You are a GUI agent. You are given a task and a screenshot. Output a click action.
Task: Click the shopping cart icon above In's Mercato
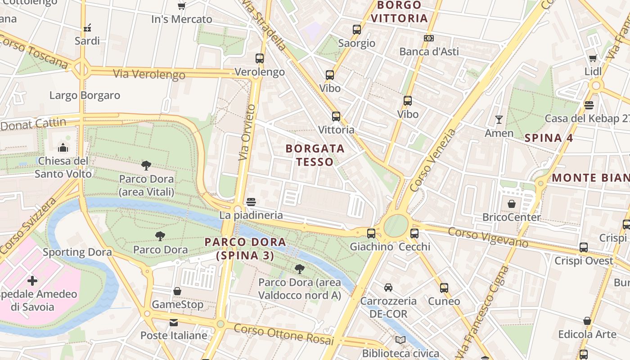point(182,6)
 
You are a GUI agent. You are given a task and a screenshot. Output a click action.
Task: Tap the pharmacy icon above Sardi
point(87,27)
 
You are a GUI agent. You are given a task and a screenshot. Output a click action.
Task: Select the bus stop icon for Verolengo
point(260,58)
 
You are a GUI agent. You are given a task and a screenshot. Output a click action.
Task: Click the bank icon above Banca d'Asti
point(429,38)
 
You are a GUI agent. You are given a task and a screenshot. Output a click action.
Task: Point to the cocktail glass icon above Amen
point(499,120)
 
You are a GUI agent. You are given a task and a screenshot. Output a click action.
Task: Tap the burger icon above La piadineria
point(251,202)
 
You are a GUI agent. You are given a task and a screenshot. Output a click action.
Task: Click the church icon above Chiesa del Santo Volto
point(63,148)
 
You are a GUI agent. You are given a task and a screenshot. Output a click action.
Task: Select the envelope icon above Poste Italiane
point(173,323)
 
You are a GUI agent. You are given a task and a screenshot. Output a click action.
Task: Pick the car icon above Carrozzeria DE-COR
point(388,288)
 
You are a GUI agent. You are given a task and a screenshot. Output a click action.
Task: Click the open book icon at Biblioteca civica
point(400,340)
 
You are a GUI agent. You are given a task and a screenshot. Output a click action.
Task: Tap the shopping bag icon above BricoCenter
point(512,204)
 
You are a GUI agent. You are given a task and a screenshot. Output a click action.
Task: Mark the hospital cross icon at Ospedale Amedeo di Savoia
point(32,281)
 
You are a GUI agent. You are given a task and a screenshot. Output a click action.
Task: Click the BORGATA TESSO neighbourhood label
point(315,155)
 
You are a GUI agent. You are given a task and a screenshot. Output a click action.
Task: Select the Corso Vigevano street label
point(488,237)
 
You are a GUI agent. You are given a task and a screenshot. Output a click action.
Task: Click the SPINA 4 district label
point(549,138)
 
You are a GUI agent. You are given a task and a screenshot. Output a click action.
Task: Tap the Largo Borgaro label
point(85,95)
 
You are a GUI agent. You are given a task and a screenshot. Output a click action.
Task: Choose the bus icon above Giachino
point(371,234)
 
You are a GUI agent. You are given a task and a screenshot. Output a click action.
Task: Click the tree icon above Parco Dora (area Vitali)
point(146,166)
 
